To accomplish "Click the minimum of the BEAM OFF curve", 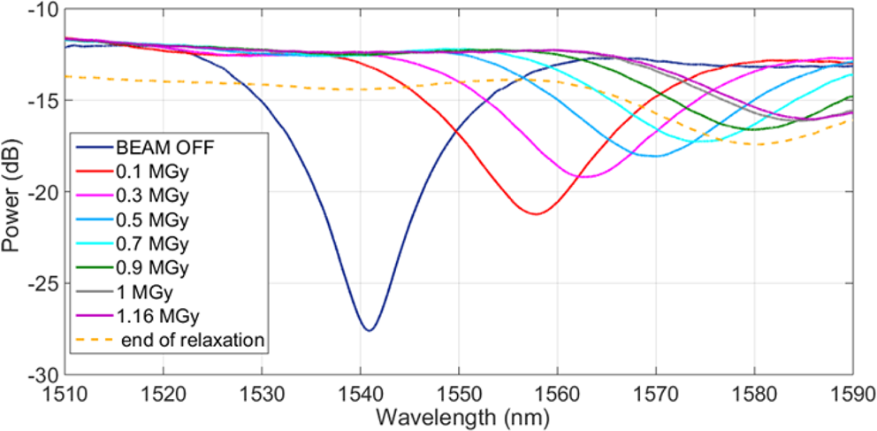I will pos(369,330).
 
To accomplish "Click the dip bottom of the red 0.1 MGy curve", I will pos(536,213).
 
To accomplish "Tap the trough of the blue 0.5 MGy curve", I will pos(655,156).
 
